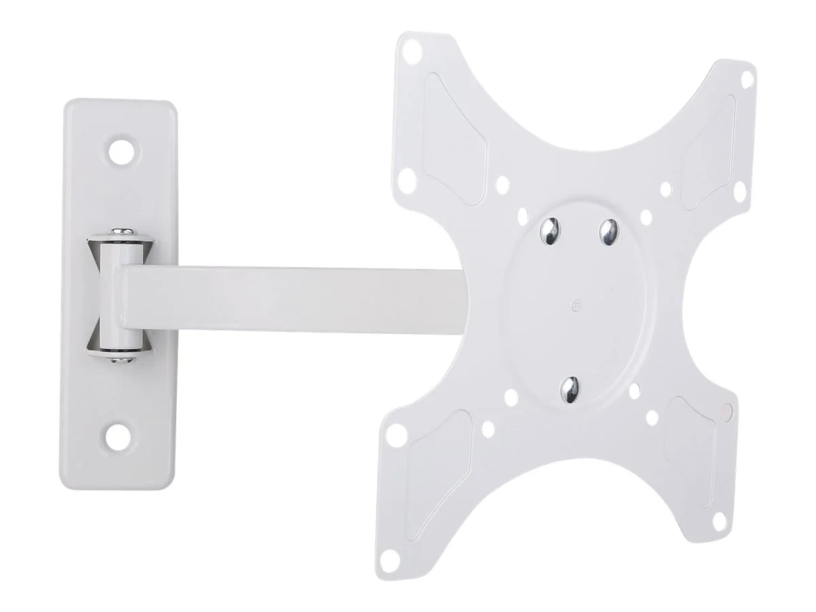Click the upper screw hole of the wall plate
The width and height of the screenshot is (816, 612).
click(123, 150)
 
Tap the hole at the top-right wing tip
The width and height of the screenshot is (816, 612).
click(746, 80)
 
